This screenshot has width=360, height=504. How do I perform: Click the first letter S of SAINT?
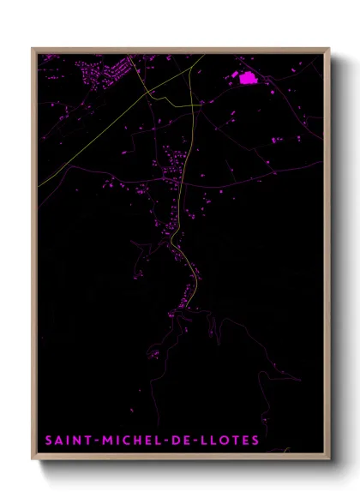click(48, 441)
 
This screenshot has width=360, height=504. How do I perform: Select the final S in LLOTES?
click(255, 441)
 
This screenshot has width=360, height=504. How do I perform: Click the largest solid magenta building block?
click(249, 79)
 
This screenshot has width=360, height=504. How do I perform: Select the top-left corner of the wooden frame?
click(33, 48)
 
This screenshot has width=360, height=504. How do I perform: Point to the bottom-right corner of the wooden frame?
click(330, 459)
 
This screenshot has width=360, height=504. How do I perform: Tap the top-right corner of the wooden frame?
click(330, 48)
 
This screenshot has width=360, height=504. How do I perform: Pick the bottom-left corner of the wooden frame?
click(33, 459)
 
